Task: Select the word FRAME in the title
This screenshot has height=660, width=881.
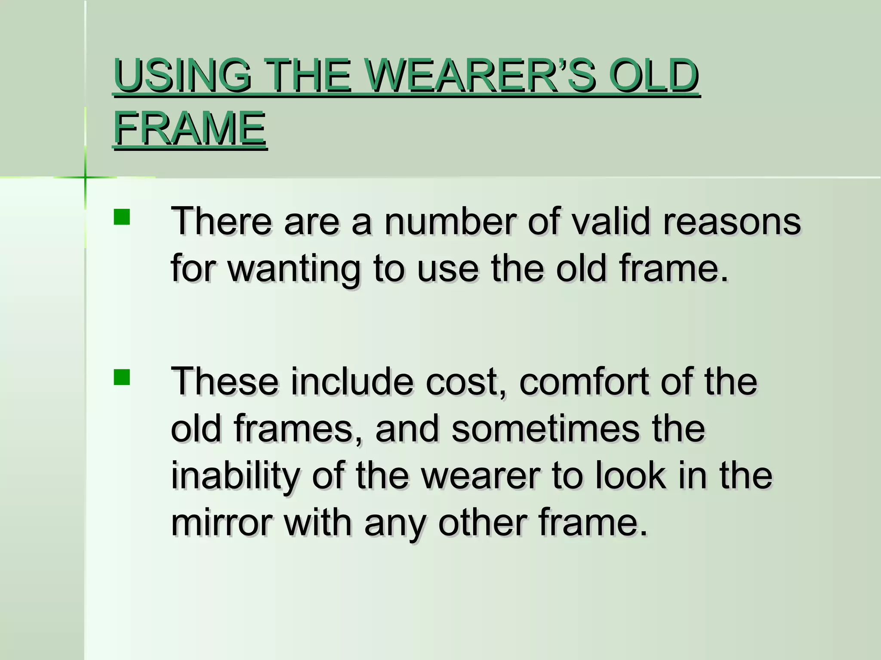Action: [x=189, y=128]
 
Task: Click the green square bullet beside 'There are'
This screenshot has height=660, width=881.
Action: [x=122, y=217]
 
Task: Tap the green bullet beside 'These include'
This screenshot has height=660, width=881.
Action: [x=122, y=377]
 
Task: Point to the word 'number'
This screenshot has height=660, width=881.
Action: [x=450, y=222]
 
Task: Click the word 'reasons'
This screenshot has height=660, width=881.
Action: [x=732, y=223]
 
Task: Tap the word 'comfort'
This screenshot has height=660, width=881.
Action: [x=583, y=382]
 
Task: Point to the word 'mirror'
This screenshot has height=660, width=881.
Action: [x=222, y=523]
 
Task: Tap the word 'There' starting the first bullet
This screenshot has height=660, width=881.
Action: [x=221, y=222]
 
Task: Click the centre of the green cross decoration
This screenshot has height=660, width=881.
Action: [x=85, y=177]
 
